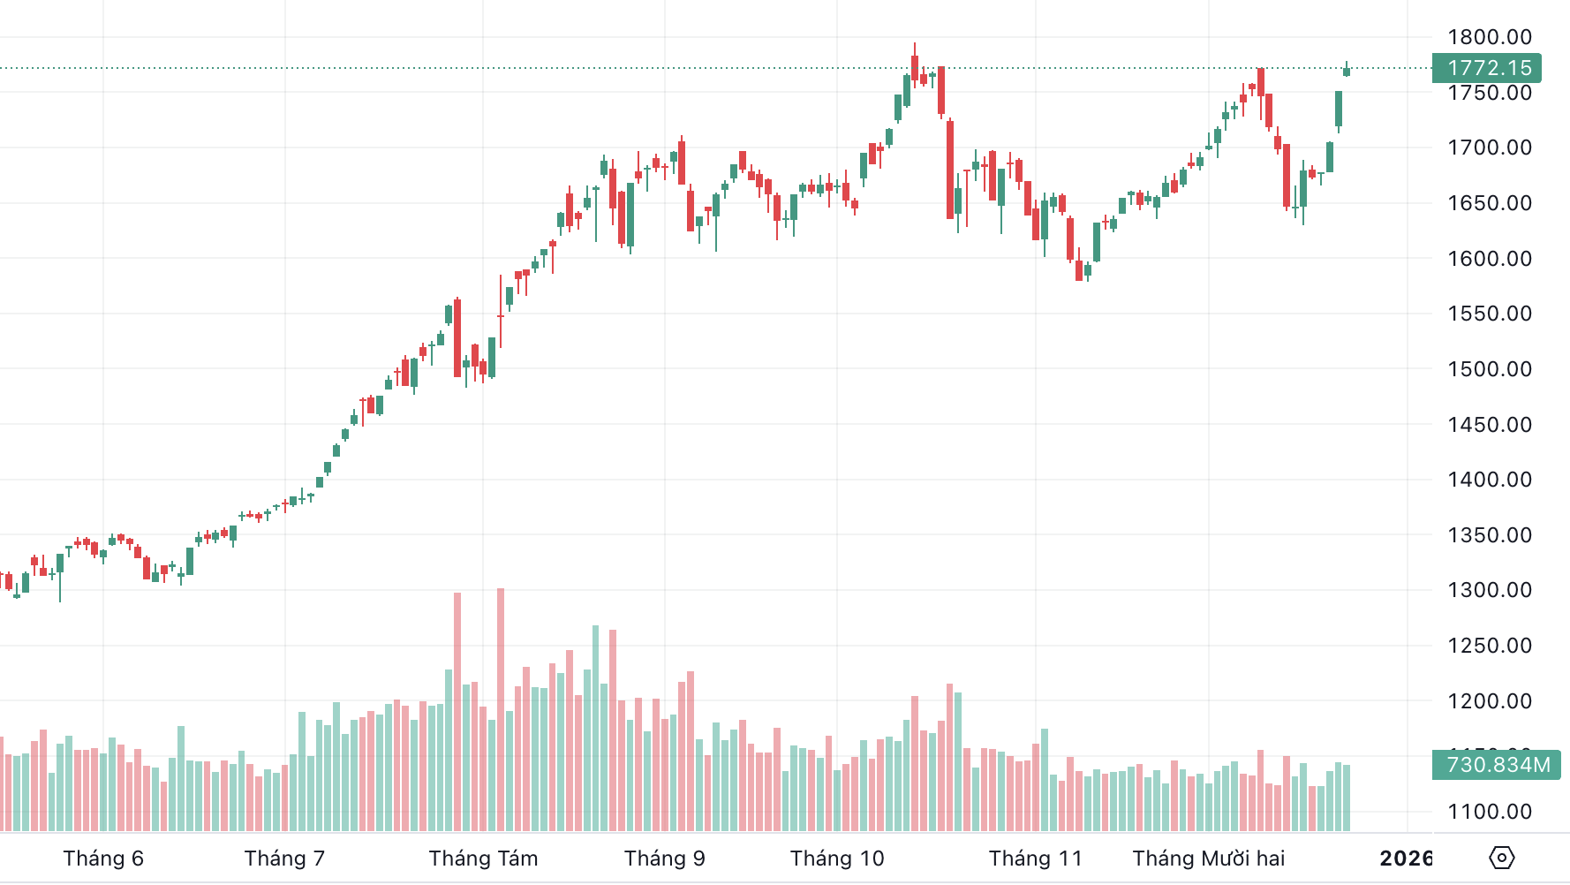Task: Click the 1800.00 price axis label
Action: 1489,37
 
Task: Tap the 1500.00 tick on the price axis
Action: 1489,369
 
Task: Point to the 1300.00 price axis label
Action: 1489,590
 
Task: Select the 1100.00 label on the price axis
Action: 1489,812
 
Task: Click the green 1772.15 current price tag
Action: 1487,68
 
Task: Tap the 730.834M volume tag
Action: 1497,765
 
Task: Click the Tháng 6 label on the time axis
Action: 103,859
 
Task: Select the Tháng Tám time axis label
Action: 483,859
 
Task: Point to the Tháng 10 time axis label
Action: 837,859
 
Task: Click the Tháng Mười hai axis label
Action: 1209,859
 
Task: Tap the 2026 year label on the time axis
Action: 1406,859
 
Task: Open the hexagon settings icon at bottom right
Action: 1501,858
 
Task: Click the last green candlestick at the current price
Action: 1347,71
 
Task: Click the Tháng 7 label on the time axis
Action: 284,859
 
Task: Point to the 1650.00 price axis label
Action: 1489,203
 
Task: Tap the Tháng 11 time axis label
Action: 1035,859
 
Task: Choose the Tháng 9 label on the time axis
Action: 664,859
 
